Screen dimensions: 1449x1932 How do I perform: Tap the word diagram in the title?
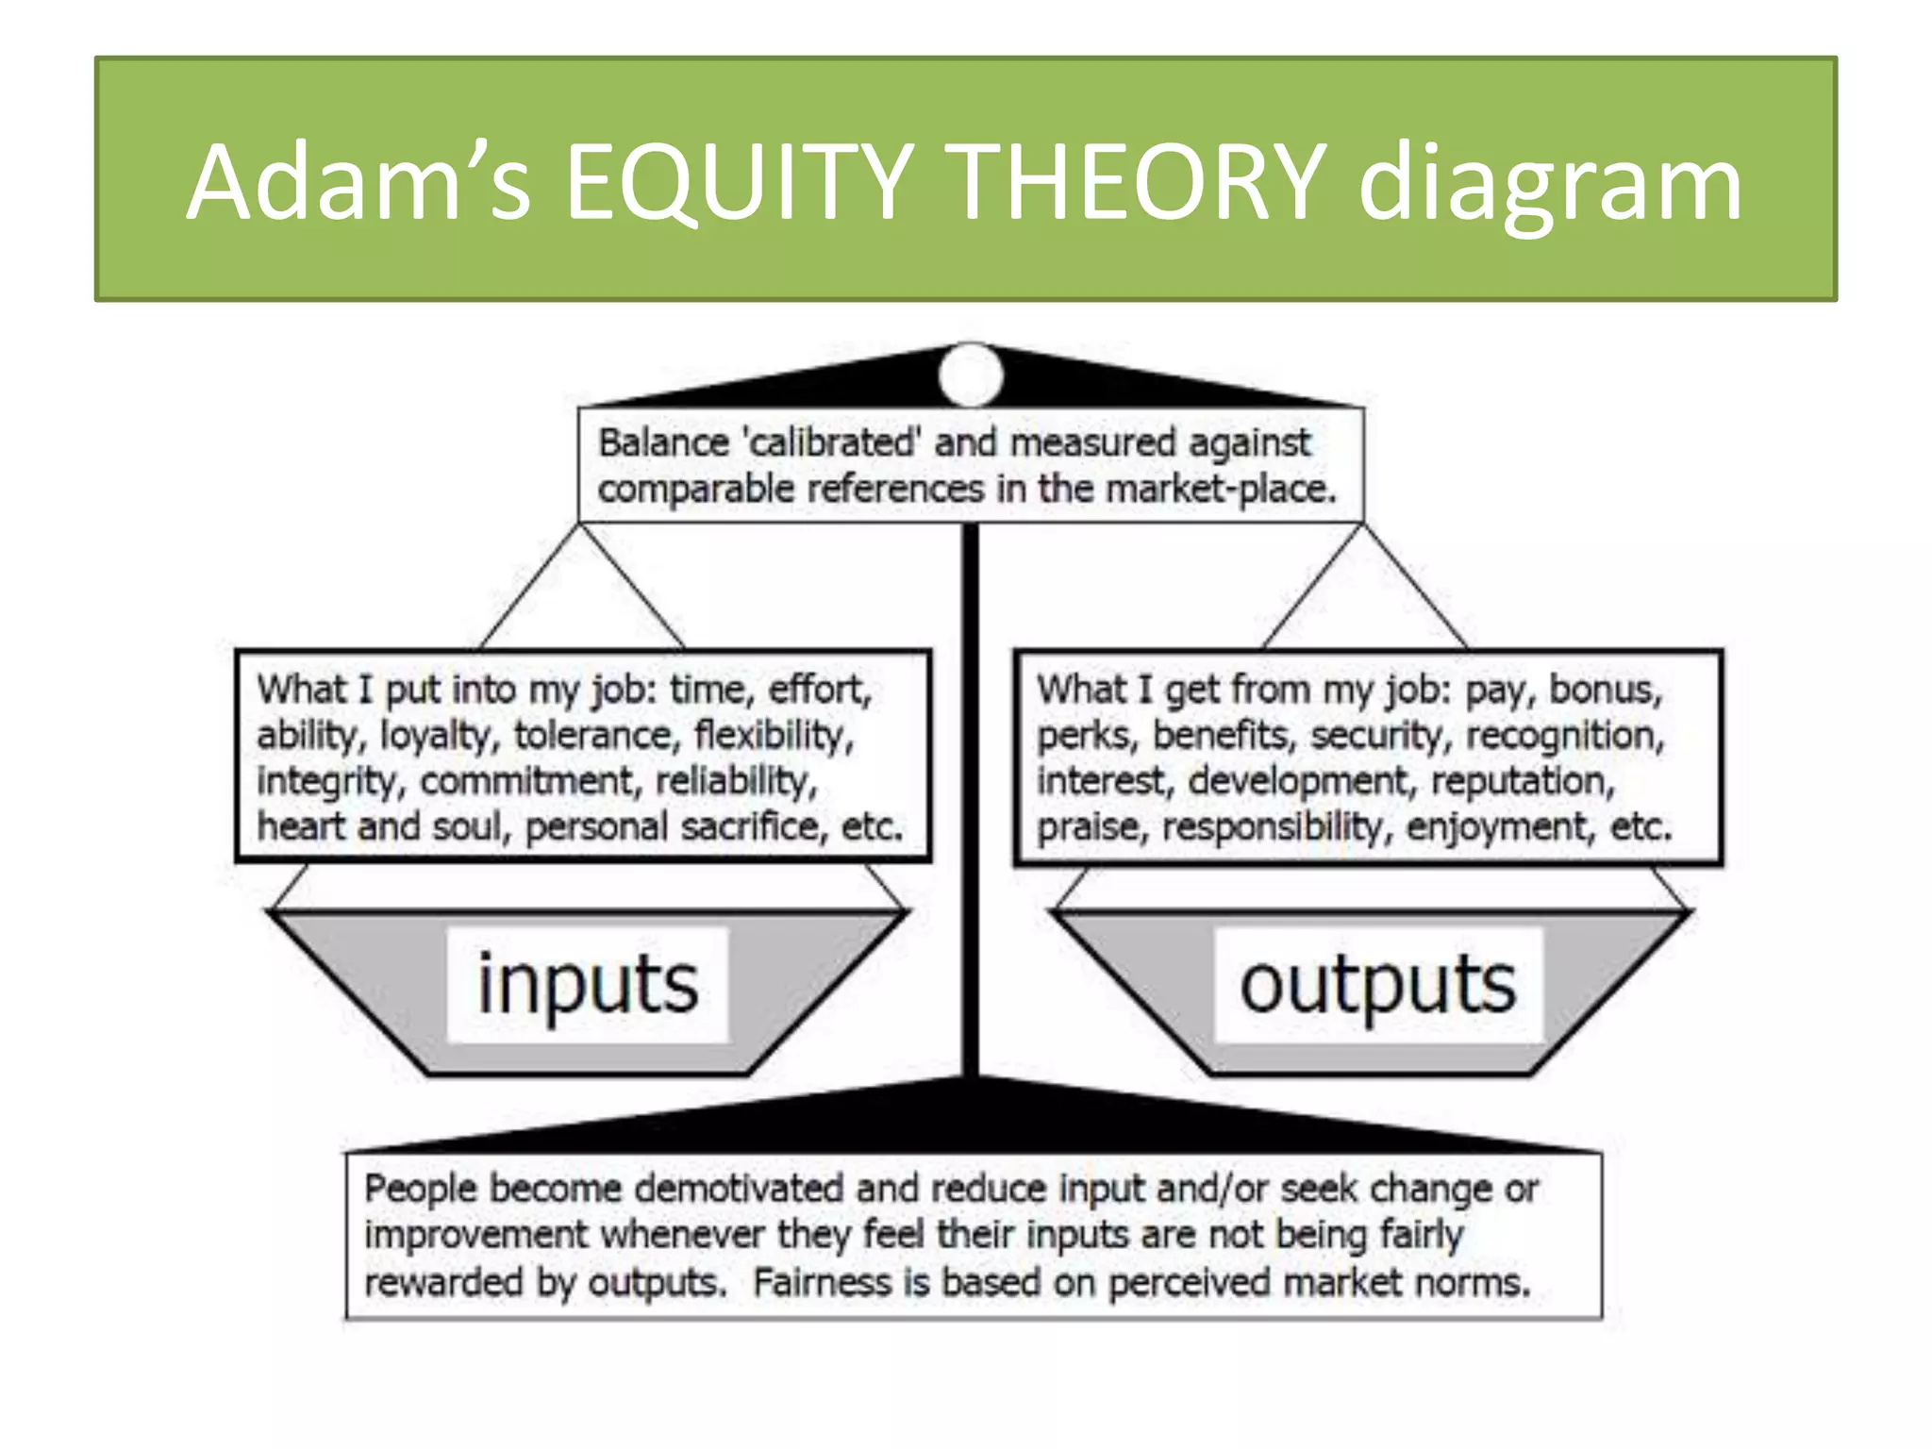[x=1550, y=184]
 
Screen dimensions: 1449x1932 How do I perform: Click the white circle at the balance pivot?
[x=971, y=375]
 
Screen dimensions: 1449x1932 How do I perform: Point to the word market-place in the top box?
[x=1221, y=490]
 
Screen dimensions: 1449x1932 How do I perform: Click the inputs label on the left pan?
[x=588, y=985]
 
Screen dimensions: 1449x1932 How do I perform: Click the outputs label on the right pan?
[x=1377, y=985]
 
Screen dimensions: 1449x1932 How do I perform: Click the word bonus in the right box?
[x=1606, y=690]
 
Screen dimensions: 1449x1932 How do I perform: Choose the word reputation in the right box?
[x=1523, y=782]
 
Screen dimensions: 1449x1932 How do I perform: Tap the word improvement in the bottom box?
[x=476, y=1236]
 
